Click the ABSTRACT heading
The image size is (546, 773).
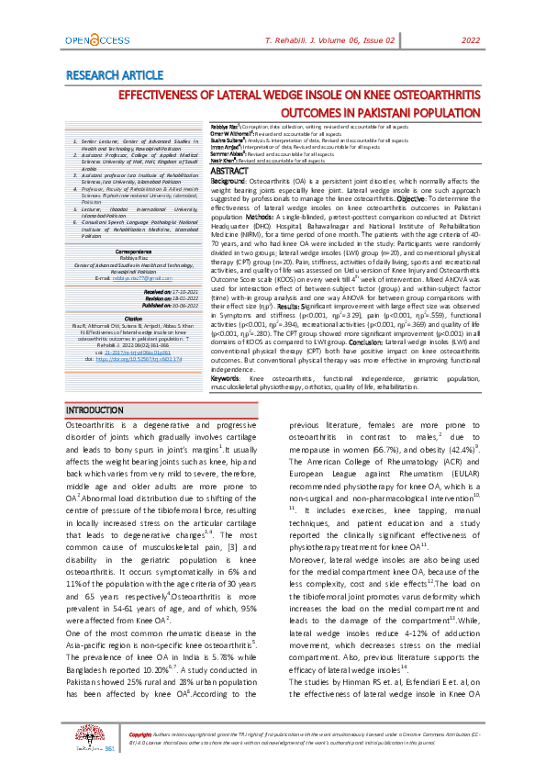pos(229,172)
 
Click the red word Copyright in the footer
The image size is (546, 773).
pos(140,736)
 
